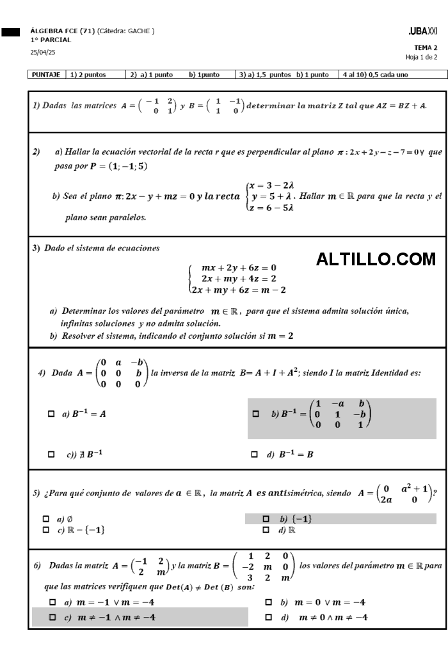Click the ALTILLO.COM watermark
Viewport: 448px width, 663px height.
pyautogui.click(x=376, y=259)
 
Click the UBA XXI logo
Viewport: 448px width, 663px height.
pyautogui.click(x=423, y=31)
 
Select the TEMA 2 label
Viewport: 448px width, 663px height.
pyautogui.click(x=425, y=48)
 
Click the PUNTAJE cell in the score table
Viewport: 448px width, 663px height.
pyautogui.click(x=47, y=75)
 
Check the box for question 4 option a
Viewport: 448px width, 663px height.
pyautogui.click(x=51, y=414)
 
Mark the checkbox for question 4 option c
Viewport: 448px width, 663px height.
pyautogui.click(x=51, y=455)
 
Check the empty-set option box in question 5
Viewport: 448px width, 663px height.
pyautogui.click(x=45, y=519)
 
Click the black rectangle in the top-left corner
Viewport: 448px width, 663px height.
pyautogui.click(x=10, y=31)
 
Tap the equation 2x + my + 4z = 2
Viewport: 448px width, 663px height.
pyautogui.click(x=239, y=279)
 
